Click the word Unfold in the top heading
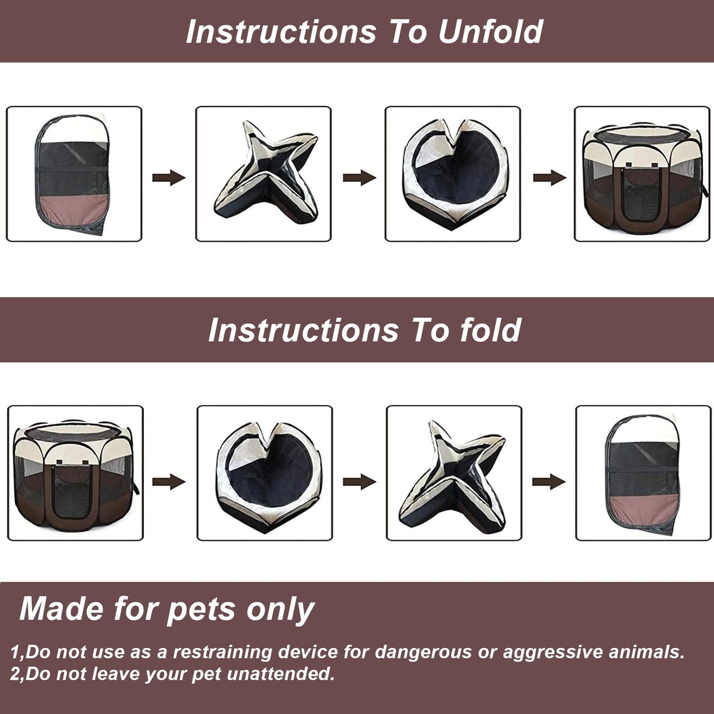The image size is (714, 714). coord(490,32)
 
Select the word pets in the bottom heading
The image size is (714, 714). coord(201,609)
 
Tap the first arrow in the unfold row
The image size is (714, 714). coord(168,177)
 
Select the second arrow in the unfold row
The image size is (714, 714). coord(359,177)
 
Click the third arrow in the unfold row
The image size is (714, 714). coord(549,177)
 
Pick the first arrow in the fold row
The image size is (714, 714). coord(168,481)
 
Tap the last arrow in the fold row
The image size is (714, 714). coord(548,481)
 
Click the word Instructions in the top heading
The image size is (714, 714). coord(281,32)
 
